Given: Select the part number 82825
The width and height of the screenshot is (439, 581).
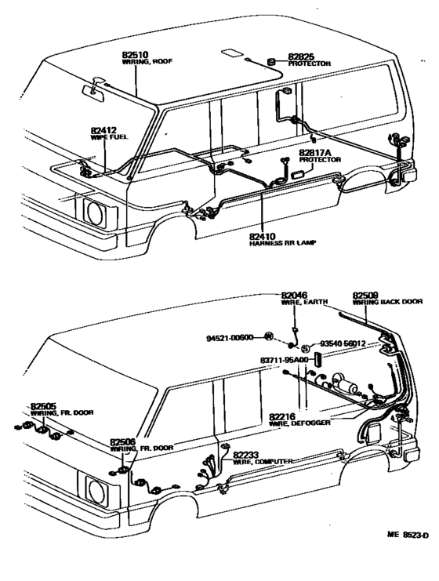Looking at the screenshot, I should pos(299,56).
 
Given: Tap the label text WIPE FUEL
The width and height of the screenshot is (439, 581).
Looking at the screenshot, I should pos(108,136).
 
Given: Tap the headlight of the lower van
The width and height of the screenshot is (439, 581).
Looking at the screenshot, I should pos(98,491).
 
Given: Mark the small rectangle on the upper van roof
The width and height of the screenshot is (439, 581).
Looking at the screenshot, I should pos(233,54).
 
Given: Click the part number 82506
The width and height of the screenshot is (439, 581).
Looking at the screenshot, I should pos(122,441).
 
